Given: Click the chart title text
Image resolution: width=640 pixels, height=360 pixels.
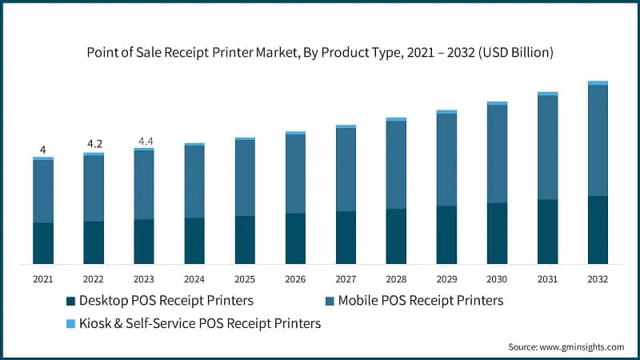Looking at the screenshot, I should click(320, 53).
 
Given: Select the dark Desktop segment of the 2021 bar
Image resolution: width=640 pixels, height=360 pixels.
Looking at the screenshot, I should click(43, 243).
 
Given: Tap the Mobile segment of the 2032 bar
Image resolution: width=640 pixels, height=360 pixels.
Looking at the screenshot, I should click(598, 140).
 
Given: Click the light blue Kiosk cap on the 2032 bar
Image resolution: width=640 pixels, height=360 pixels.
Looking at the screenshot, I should click(598, 82).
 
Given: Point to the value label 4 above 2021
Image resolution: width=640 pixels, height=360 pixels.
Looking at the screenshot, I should click(43, 150).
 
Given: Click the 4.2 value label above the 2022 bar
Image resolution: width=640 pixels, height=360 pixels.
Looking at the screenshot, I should click(94, 145).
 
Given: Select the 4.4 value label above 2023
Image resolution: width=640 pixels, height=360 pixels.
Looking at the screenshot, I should click(145, 142).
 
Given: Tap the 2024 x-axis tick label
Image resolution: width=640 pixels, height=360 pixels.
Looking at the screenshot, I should click(194, 279).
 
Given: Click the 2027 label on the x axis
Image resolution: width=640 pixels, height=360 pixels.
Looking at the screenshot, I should click(346, 279).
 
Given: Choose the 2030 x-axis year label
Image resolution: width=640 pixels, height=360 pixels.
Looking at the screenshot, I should click(497, 279).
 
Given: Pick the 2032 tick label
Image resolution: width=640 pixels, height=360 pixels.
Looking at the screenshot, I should click(598, 279).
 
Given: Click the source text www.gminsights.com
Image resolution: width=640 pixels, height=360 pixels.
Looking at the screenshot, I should click(566, 347).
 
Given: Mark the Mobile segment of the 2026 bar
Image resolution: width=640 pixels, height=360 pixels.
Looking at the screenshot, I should click(295, 174).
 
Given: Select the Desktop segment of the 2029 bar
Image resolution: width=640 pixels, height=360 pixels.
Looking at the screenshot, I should click(446, 234).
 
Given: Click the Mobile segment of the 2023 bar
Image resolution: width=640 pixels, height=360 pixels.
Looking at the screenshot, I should click(144, 185).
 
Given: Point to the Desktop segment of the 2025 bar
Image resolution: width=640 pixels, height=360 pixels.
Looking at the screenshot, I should click(245, 240).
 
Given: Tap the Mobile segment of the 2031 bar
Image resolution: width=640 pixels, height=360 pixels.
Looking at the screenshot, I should click(547, 147).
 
